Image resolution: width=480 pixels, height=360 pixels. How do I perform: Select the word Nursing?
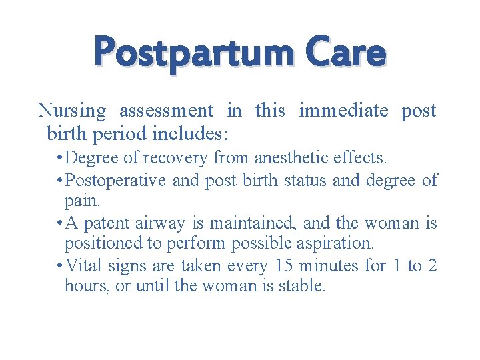[x=72, y=111]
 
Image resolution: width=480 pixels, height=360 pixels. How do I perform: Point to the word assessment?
[x=166, y=111]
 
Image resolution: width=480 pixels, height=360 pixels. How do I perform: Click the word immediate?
[x=343, y=110]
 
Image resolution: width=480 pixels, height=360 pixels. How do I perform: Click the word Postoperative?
[x=115, y=179]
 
